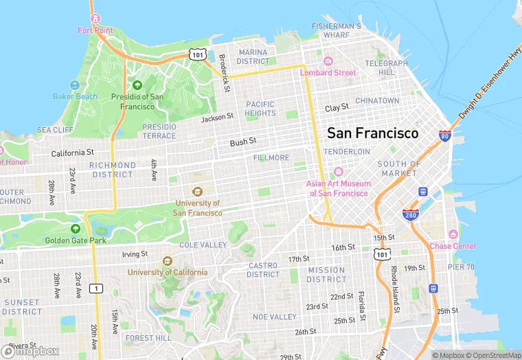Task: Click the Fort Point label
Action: click(95, 30)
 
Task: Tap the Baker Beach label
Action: click(76, 96)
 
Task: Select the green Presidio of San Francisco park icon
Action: click(137, 85)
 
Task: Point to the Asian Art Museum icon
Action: click(338, 172)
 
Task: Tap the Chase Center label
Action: click(453, 246)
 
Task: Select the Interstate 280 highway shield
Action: click(411, 215)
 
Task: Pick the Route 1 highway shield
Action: click(98, 288)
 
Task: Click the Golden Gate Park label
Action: click(76, 240)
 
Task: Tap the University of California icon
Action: click(167, 261)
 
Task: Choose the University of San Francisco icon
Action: click(197, 192)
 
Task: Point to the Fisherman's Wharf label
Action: click(336, 30)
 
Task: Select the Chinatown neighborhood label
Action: click(376, 100)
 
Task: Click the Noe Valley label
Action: click(275, 317)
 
